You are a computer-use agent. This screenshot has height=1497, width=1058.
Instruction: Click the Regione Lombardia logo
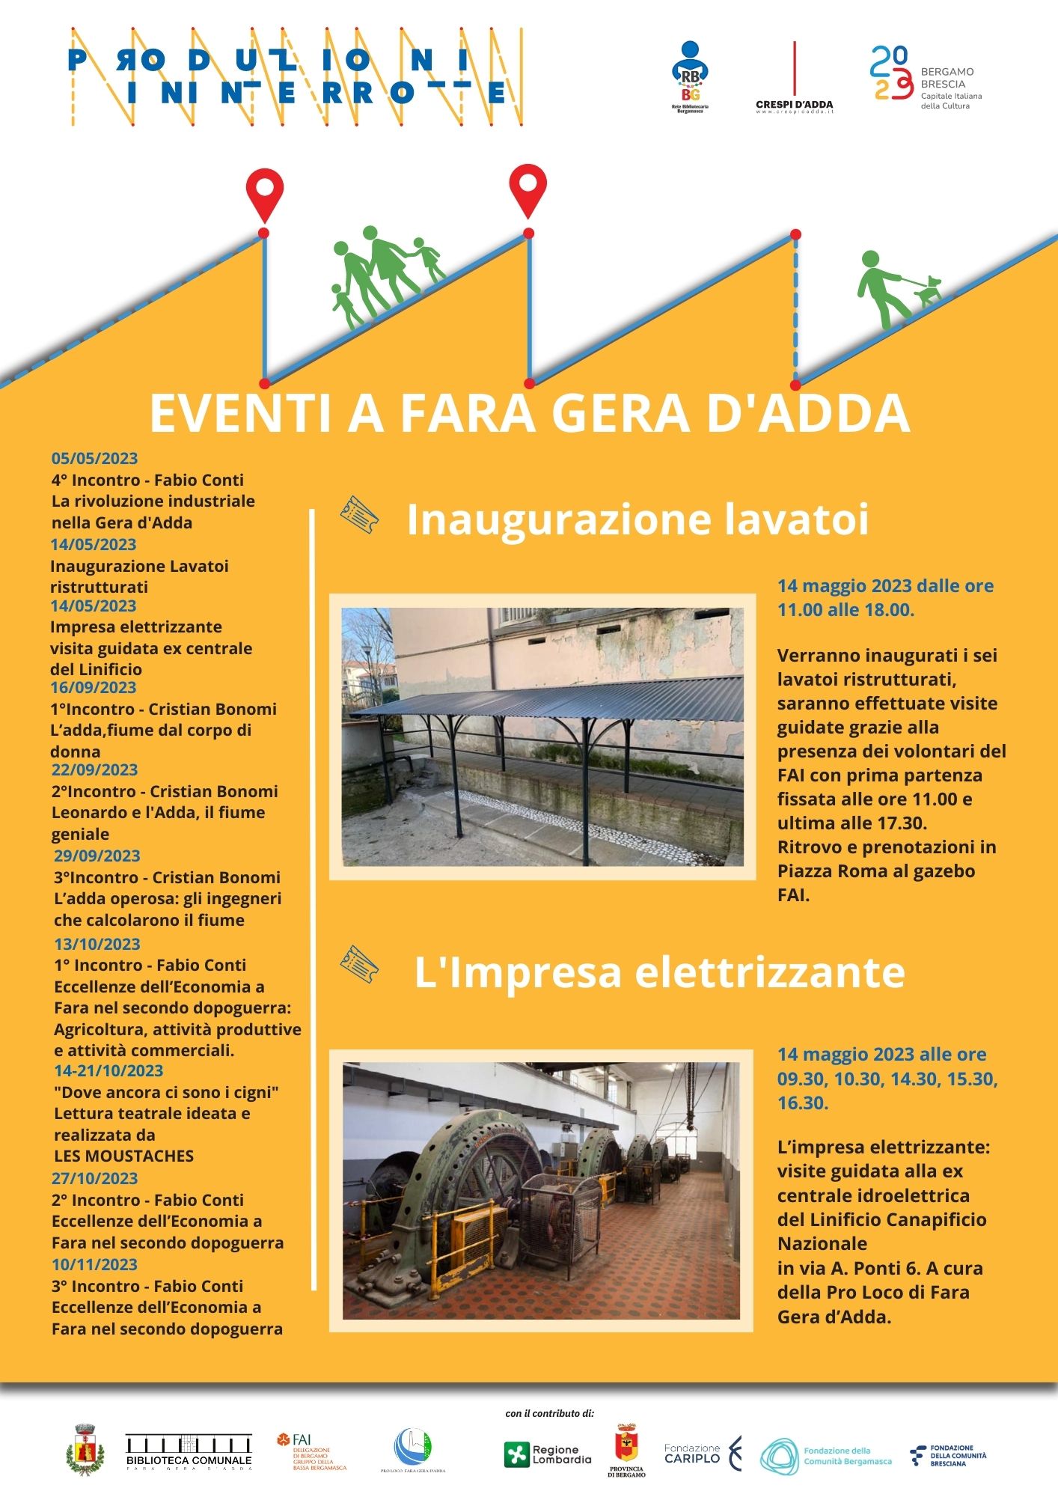pos(548,1454)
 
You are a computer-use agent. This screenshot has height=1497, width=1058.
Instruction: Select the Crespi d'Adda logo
pos(794,79)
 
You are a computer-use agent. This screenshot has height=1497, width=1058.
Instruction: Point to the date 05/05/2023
pos(95,459)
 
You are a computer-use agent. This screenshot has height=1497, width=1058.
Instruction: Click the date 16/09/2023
pos(94,687)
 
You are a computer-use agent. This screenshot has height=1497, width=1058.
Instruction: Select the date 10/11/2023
pos(95,1264)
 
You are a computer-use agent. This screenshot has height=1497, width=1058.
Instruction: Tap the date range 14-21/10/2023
pos(108,1070)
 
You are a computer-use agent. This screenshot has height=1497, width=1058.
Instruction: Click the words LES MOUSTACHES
pos(124,1156)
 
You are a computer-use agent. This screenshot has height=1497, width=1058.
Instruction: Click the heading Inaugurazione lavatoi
pos(637,519)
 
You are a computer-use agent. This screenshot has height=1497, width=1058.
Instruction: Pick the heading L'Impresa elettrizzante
pos(659,972)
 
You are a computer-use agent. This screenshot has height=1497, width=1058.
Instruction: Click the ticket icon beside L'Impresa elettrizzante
pos(359,965)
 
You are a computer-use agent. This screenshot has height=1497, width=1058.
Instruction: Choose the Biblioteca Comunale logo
pos(189,1453)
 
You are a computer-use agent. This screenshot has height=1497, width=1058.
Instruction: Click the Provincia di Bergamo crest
pos(626,1450)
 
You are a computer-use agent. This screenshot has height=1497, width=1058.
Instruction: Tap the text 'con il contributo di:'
pos(550,1413)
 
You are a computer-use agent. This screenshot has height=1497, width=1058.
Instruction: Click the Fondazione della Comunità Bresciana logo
pos(948,1454)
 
